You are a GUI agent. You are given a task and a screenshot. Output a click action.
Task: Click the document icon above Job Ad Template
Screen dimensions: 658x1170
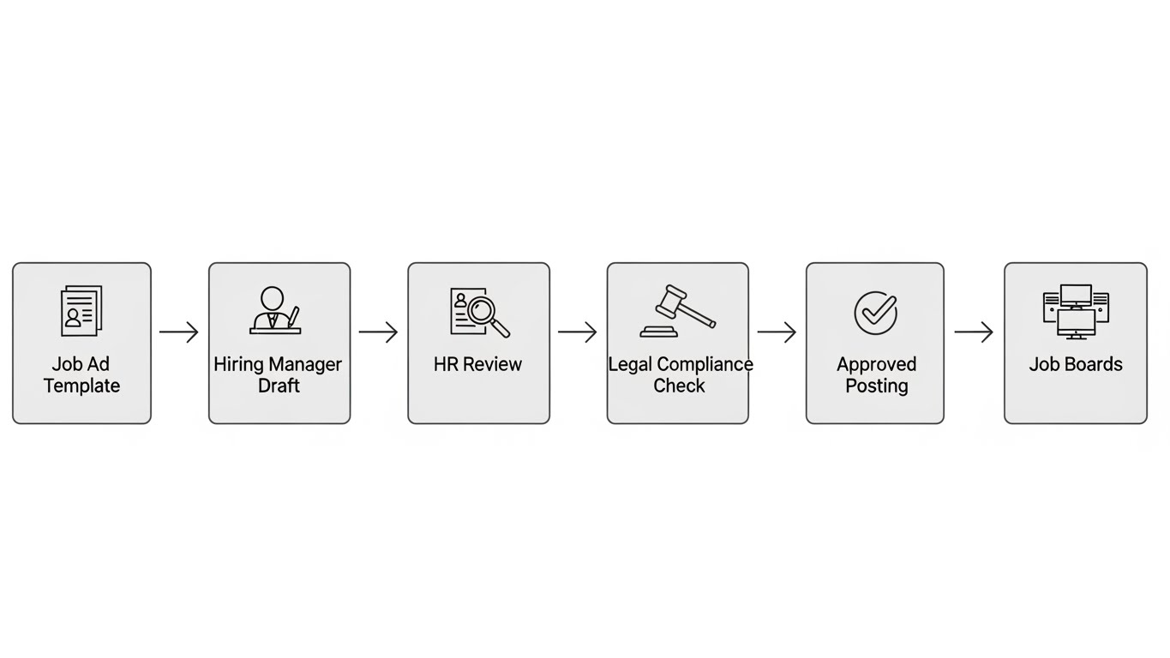(x=81, y=310)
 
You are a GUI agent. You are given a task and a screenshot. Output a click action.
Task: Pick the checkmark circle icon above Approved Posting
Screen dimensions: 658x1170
(x=875, y=312)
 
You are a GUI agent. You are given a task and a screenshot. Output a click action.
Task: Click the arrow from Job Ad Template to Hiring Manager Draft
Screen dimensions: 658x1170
(x=179, y=332)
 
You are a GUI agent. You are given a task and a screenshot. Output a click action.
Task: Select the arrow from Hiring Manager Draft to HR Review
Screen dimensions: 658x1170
(x=378, y=332)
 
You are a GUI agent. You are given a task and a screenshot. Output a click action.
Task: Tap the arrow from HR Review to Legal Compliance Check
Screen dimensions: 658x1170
(x=577, y=332)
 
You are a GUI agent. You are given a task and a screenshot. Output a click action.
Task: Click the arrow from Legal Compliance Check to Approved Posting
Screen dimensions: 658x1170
(x=777, y=332)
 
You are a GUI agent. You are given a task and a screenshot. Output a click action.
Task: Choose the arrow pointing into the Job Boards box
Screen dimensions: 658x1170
(x=974, y=332)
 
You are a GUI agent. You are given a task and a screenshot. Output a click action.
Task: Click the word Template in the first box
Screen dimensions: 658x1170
(x=81, y=386)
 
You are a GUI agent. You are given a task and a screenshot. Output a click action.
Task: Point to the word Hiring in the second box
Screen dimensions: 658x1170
(x=238, y=364)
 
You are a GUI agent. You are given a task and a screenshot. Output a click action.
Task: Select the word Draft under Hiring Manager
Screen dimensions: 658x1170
(x=279, y=386)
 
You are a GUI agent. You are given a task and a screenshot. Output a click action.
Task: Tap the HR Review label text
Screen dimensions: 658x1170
(x=477, y=364)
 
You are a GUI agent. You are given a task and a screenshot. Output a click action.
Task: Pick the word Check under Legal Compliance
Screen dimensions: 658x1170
(x=679, y=386)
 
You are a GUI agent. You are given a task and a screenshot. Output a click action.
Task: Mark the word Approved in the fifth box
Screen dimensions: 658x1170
(x=876, y=364)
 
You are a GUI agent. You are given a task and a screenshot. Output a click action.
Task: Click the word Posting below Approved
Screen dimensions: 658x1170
(x=876, y=386)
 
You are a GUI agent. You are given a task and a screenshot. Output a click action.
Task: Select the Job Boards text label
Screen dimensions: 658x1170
(x=1075, y=364)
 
